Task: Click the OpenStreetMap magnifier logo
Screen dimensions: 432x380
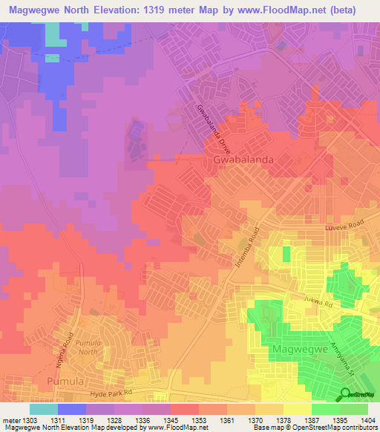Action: (343, 393)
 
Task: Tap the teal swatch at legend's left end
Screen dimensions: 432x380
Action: (43, 409)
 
